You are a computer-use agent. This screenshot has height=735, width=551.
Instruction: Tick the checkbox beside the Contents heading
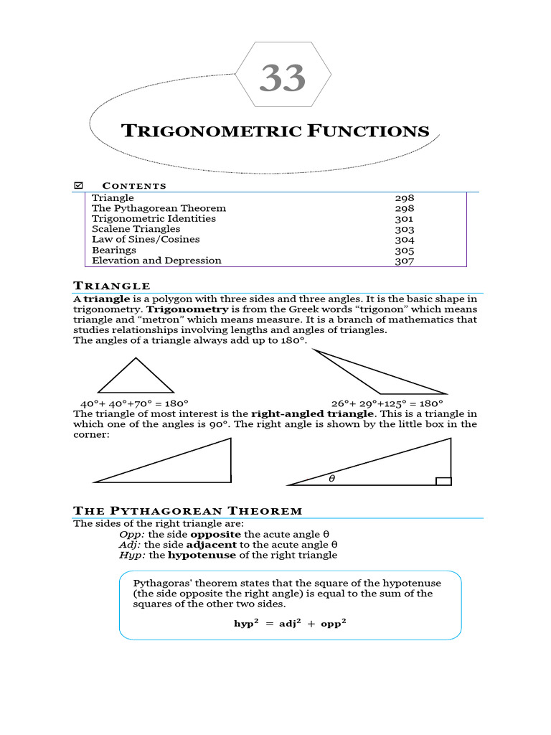79,186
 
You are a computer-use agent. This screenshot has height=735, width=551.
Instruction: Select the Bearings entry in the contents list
114,250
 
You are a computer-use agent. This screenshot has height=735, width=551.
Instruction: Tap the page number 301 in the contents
405,219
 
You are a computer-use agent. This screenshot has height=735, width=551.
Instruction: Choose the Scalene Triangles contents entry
136,229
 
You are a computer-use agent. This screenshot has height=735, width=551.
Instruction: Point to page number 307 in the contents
405,261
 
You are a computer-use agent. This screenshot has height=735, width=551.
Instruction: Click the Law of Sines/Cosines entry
146,239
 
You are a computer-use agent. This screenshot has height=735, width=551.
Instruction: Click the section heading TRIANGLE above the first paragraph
112,286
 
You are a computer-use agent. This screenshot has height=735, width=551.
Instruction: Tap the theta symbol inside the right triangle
331,478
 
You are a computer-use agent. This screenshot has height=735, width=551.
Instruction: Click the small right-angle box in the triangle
443,481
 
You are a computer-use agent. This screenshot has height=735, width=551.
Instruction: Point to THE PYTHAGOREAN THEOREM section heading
188,511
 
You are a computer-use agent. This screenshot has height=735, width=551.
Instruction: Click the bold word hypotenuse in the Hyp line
202,555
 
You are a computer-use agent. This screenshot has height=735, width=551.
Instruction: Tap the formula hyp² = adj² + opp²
291,623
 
